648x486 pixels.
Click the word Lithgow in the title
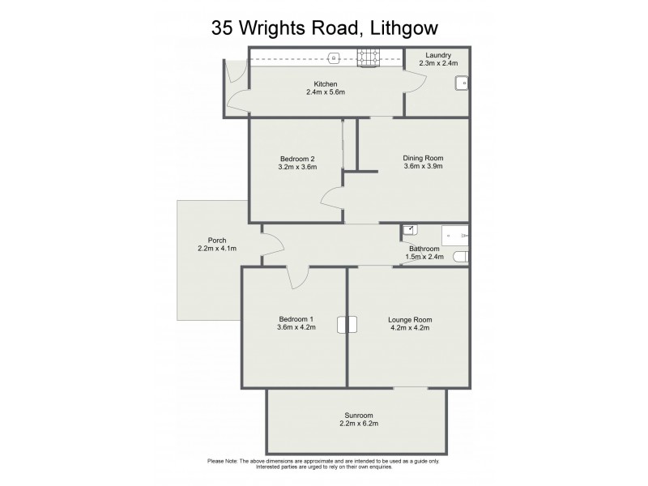[x=397, y=28]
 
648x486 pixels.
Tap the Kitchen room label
[x=326, y=84]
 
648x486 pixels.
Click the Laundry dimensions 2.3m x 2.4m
[x=437, y=62]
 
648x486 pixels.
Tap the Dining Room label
[x=423, y=158]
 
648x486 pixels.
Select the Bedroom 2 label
[x=297, y=158]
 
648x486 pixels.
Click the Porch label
[x=217, y=240]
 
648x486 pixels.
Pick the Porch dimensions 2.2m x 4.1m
[x=217, y=249]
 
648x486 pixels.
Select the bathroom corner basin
[x=408, y=231]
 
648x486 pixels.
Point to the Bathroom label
[x=424, y=249]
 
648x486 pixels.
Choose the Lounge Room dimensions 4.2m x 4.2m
[x=408, y=328]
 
